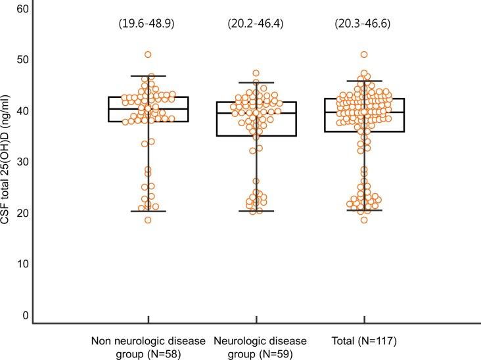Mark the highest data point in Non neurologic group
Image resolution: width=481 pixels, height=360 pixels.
148,55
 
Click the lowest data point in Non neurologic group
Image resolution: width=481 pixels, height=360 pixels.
148,220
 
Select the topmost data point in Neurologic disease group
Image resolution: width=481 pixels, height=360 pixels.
256,74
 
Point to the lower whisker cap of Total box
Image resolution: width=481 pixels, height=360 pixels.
364,210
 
